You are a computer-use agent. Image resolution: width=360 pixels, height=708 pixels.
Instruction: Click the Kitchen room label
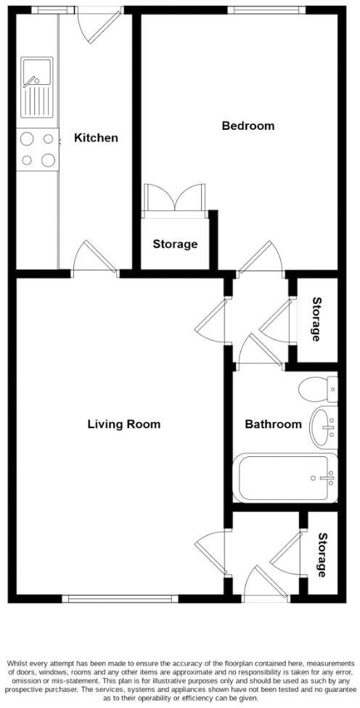[x=96, y=138]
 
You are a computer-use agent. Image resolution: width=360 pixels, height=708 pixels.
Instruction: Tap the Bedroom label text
[x=247, y=126]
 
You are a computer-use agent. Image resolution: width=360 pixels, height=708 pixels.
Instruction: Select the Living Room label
[x=123, y=424]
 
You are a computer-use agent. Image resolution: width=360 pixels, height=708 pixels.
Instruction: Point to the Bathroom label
[x=272, y=424]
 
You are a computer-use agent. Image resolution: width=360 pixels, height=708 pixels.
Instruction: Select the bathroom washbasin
[x=324, y=426]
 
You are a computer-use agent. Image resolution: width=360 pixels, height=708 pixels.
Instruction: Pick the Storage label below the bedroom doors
[x=175, y=244]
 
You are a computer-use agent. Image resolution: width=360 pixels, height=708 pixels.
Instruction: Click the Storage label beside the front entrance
[x=322, y=555]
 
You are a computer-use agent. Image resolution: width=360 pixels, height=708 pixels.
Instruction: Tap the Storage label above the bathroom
[x=316, y=319]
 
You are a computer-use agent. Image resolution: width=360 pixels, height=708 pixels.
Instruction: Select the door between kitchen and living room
[x=95, y=260]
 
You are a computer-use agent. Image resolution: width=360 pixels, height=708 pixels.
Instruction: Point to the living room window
[x=120, y=598]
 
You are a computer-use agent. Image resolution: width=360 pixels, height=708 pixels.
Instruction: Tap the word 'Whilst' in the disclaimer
[x=20, y=664]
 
